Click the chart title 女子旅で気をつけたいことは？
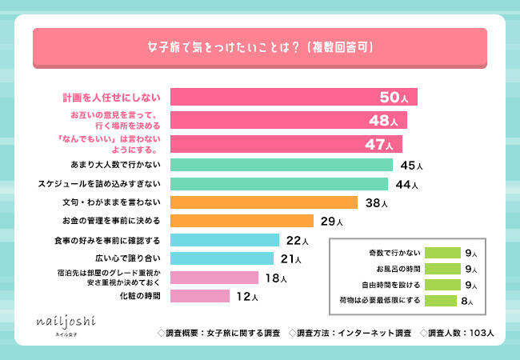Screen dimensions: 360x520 coord(259,46)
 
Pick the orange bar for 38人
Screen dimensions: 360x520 coord(251,202)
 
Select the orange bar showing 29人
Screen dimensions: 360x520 coord(242,221)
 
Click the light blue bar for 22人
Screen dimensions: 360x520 coord(225,240)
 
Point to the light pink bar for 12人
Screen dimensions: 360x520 coord(200,296)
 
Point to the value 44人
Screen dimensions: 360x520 coord(410,184)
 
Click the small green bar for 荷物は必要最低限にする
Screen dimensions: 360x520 coord(442,301)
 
